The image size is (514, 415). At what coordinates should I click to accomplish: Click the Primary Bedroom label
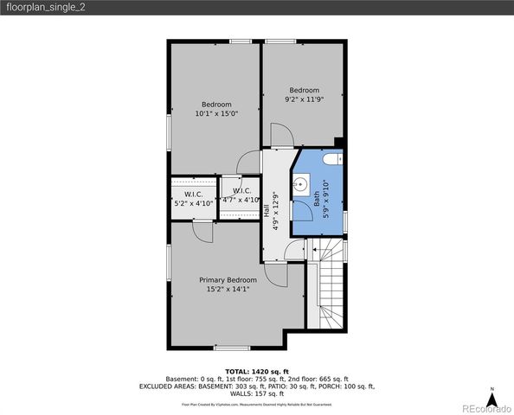coord(228,280)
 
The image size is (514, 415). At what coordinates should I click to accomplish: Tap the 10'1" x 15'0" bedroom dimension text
coord(216,113)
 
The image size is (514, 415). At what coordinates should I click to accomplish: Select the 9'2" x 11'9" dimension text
coord(304,99)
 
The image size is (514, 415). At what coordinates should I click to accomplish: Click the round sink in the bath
coord(302,183)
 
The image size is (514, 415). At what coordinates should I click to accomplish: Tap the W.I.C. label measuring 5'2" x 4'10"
coord(193,193)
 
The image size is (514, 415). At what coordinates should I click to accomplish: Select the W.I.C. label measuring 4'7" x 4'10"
coord(241,191)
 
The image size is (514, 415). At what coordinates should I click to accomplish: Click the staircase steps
coord(331,294)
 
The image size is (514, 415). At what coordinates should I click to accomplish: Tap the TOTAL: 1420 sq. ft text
coord(256,370)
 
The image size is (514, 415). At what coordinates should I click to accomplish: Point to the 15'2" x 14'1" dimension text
coord(228,290)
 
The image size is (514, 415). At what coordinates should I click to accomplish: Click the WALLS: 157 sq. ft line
coord(256,395)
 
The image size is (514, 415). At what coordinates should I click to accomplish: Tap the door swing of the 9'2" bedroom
coord(282,135)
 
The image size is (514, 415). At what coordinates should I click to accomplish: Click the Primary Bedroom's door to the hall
coord(277,277)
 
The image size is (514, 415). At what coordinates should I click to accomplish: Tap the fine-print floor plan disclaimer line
coord(256,404)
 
